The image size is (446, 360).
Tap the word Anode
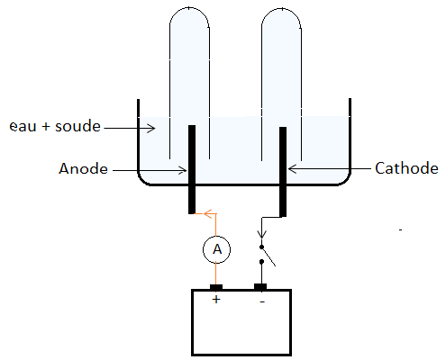(83, 168)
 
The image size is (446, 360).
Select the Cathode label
(406, 168)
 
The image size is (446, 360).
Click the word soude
(77, 126)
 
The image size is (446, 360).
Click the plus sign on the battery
(216, 300)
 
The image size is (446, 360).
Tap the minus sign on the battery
(262, 301)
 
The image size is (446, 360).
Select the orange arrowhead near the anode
(208, 213)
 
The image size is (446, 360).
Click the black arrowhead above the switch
(262, 234)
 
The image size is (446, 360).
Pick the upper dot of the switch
(261, 247)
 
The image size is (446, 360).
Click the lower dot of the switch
(261, 262)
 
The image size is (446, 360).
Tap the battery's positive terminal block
(216, 287)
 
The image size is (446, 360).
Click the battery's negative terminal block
(260, 287)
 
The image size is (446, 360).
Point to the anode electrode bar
(192, 169)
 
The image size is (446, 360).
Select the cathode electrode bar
(283, 172)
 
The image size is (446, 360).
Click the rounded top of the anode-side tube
(189, 7)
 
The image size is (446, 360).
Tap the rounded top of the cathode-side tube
(281, 9)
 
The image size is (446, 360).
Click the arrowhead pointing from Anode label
(183, 170)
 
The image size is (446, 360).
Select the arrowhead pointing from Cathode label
(292, 169)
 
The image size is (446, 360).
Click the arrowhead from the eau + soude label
(151, 129)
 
